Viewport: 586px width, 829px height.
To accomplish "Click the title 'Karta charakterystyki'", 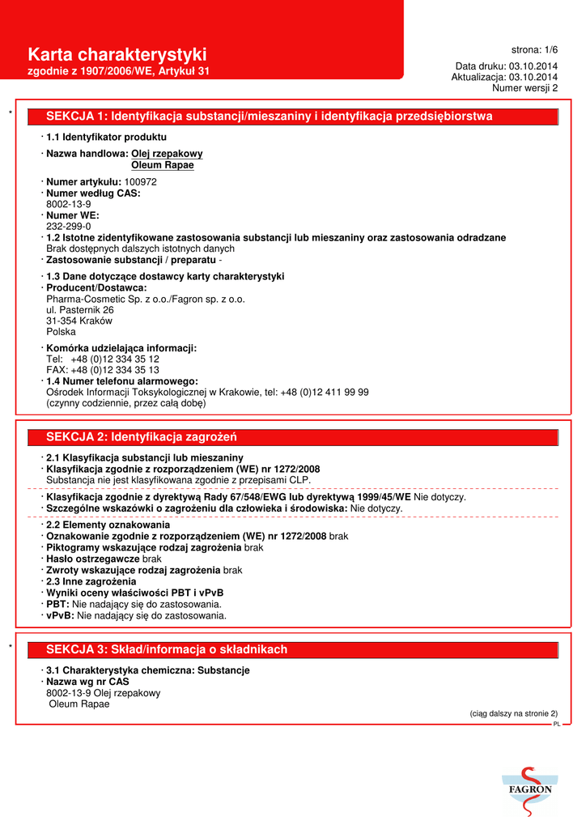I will (x=117, y=55).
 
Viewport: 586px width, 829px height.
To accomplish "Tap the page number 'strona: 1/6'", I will (x=534, y=50).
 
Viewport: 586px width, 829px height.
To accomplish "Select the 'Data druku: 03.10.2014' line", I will (x=506, y=66).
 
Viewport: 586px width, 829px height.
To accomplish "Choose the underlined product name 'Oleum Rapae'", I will (x=162, y=165).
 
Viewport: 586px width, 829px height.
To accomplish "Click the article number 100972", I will (x=140, y=182).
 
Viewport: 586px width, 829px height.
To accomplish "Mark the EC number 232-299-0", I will (x=68, y=227).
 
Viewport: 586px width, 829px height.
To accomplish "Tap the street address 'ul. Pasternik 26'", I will (x=79, y=310).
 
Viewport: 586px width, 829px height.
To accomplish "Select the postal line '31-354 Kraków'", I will (x=79, y=321).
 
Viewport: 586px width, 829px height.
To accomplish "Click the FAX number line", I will (x=102, y=370).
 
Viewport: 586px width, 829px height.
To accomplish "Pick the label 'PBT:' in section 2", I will (x=58, y=604).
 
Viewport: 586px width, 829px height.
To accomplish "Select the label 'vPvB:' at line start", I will (x=61, y=615).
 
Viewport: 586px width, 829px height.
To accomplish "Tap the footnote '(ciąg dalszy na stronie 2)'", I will (x=513, y=713).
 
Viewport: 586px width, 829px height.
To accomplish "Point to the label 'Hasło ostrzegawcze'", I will (x=93, y=559).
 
